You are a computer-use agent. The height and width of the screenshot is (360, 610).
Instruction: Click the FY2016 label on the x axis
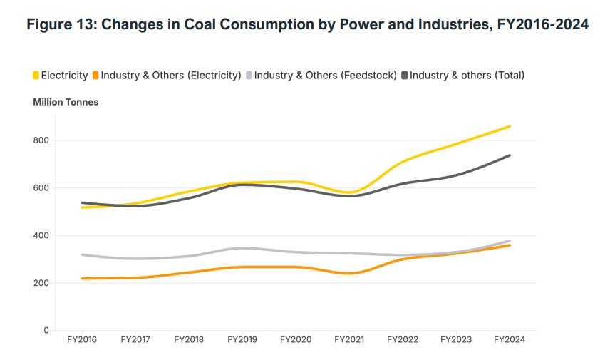(x=83, y=340)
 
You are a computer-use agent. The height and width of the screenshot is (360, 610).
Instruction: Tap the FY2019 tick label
(x=243, y=340)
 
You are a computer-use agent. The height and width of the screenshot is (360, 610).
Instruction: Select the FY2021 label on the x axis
(x=349, y=340)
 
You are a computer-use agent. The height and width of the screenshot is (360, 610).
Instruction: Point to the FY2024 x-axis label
(x=510, y=340)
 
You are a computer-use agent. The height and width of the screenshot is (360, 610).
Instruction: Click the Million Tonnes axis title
(x=66, y=102)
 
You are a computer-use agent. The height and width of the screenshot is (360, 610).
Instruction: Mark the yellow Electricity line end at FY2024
(x=510, y=127)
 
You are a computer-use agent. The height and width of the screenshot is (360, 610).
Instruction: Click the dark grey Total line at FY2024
(x=510, y=155)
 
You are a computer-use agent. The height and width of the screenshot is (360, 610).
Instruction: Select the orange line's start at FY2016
(x=83, y=279)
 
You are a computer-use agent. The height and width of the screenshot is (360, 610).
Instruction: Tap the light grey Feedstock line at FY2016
(x=83, y=254)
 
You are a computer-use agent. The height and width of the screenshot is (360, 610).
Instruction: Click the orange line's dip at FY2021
(x=349, y=273)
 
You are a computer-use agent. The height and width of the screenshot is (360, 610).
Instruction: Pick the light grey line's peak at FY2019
(x=243, y=248)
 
